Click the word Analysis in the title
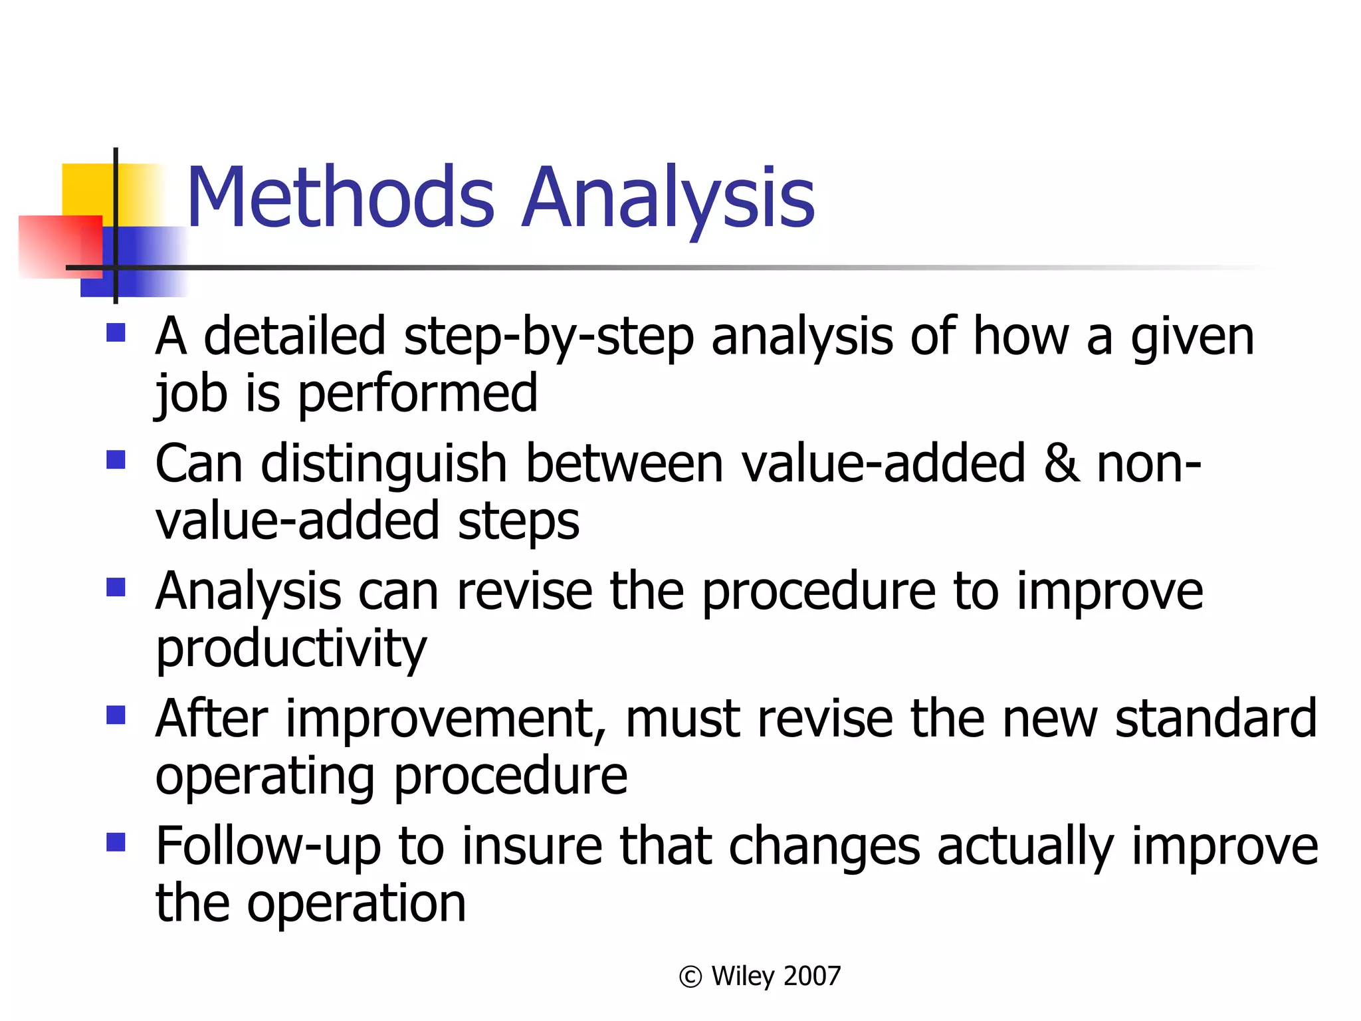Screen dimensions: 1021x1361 click(x=667, y=197)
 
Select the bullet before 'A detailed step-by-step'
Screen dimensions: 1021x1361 click(x=116, y=332)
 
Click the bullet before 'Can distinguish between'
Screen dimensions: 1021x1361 click(x=116, y=460)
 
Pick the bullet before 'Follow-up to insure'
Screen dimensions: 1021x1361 click(x=116, y=843)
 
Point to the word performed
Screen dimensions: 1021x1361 click(x=417, y=394)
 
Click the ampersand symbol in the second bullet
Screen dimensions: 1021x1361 click(x=1061, y=463)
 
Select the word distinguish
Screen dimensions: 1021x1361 click(x=384, y=463)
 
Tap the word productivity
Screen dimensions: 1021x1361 click(x=291, y=649)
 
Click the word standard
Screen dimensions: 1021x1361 click(x=1215, y=719)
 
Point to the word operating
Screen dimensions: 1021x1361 click(x=265, y=776)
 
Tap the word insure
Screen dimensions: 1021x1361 click(x=532, y=847)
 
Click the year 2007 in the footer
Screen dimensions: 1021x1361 click(x=812, y=976)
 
